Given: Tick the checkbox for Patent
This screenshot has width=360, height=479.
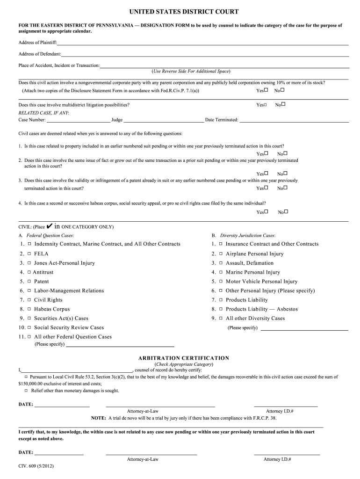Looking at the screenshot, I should point(29,282).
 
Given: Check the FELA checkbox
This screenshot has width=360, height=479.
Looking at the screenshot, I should point(29,254).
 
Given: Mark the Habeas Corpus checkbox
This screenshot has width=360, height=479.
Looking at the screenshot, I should point(29,309).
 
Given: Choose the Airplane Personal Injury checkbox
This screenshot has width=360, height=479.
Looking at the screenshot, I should point(221,254).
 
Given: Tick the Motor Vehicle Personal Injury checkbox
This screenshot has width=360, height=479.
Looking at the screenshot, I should point(221,282).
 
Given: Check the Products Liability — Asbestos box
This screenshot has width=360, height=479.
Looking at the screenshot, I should point(221,309).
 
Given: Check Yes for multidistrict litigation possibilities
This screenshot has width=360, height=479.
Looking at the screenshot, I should point(266,105).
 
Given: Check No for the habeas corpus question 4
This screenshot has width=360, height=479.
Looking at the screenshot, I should point(286,211).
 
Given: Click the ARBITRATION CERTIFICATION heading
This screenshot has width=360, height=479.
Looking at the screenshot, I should point(184,358).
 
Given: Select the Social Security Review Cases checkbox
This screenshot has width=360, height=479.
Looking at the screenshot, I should point(29,327).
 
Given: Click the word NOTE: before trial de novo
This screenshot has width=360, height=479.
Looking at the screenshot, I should point(98,418).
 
